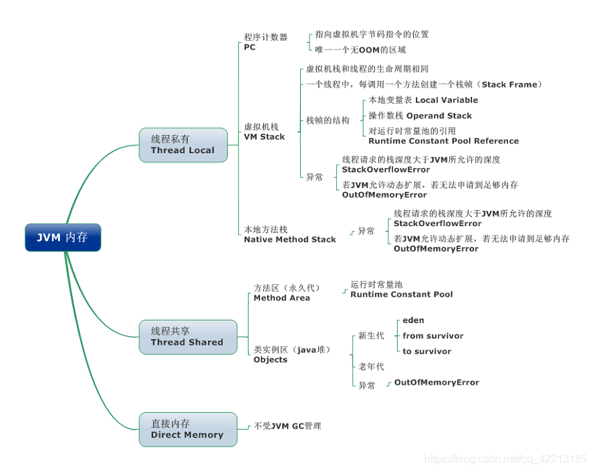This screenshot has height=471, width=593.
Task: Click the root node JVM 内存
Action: [63, 238]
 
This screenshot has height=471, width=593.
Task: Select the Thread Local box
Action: [183, 145]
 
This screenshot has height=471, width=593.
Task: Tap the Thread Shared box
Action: [187, 337]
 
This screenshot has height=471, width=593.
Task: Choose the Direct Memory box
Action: [187, 429]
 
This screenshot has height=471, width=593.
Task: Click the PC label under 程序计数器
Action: [249, 48]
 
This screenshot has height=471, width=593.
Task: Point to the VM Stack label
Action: [264, 136]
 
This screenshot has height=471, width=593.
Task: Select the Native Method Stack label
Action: [289, 239]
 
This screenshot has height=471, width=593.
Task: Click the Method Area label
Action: [281, 298]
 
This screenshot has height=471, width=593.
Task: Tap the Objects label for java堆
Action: [270, 359]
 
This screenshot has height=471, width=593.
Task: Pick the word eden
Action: [413, 320]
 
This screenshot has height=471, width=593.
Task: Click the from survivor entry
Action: [433, 336]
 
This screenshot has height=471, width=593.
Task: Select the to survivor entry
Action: [427, 351]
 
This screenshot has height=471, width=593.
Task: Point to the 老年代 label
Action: [371, 367]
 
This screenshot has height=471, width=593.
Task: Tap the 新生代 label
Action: [371, 336]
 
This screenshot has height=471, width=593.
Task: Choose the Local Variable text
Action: [447, 100]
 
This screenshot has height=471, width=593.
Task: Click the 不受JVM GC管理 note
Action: [287, 426]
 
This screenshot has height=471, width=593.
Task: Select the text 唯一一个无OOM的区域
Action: [360, 50]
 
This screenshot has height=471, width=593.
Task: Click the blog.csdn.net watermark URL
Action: [505, 459]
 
